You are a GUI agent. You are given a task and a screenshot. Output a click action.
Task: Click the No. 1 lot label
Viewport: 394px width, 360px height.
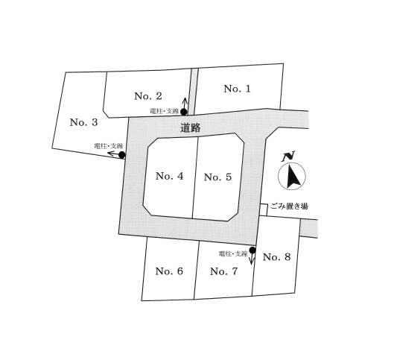pyautogui.click(x=237, y=89)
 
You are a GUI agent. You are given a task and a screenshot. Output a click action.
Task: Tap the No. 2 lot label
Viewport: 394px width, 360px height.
pyautogui.click(x=148, y=96)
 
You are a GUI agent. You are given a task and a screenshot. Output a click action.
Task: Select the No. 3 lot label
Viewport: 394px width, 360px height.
pyautogui.click(x=83, y=122)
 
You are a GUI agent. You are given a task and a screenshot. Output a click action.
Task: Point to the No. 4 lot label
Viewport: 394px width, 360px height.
pyautogui.click(x=169, y=176)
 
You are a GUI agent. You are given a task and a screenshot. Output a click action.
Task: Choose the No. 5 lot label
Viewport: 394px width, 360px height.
pyautogui.click(x=217, y=177)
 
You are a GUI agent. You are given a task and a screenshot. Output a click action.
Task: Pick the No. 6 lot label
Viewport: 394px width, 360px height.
pyautogui.click(x=169, y=271)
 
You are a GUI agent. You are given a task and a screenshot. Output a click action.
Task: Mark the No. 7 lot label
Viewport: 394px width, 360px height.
pyautogui.click(x=223, y=271)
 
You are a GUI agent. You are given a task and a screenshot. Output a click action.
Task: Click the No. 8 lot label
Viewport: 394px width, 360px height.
pyautogui.click(x=276, y=257)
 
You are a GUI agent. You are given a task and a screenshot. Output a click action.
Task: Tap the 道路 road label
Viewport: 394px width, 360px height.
pyautogui.click(x=191, y=128)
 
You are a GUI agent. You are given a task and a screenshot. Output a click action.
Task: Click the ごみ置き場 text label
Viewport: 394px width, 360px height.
pyautogui.click(x=289, y=206)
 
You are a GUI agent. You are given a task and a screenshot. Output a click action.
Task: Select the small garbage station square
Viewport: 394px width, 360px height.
pyautogui.click(x=264, y=209)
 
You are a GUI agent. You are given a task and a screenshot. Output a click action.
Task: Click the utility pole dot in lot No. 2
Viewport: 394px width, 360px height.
pyautogui.click(x=184, y=112)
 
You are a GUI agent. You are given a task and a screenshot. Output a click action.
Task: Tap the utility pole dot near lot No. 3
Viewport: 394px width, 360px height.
pyautogui.click(x=122, y=155)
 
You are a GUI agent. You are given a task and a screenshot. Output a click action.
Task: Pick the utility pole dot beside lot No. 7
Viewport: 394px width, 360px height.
pyautogui.click(x=252, y=250)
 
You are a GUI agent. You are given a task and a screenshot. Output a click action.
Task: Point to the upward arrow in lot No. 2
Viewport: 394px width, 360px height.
pyautogui.click(x=185, y=103)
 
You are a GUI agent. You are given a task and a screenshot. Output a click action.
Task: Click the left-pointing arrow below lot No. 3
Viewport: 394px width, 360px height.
pyautogui.click(x=113, y=154)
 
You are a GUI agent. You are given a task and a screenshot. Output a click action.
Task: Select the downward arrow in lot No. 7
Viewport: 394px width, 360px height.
pyautogui.click(x=252, y=259)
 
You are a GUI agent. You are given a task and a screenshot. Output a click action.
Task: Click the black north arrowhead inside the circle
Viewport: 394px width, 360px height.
pyautogui.click(x=293, y=177)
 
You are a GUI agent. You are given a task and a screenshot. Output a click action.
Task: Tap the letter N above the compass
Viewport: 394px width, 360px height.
pyautogui.click(x=288, y=156)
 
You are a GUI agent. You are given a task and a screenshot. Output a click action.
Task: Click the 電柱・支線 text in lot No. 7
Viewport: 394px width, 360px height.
pyautogui.click(x=233, y=254)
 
